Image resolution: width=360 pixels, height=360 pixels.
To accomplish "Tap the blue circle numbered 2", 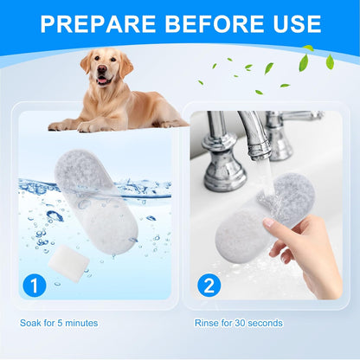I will tap(209, 283).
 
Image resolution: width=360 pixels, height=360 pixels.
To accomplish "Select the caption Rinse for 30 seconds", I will tap(240, 323).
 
